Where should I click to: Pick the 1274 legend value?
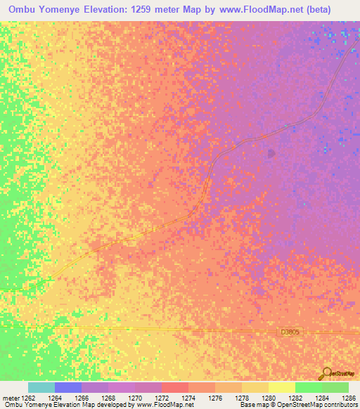coord(188,398)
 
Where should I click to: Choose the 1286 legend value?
coord(345,398)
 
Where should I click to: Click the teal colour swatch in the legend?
coord(41,387)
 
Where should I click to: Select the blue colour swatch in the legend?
coord(68,387)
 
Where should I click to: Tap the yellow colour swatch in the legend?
coord(281,387)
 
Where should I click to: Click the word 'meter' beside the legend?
coord(11,398)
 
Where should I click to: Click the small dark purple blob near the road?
coord(271,152)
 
